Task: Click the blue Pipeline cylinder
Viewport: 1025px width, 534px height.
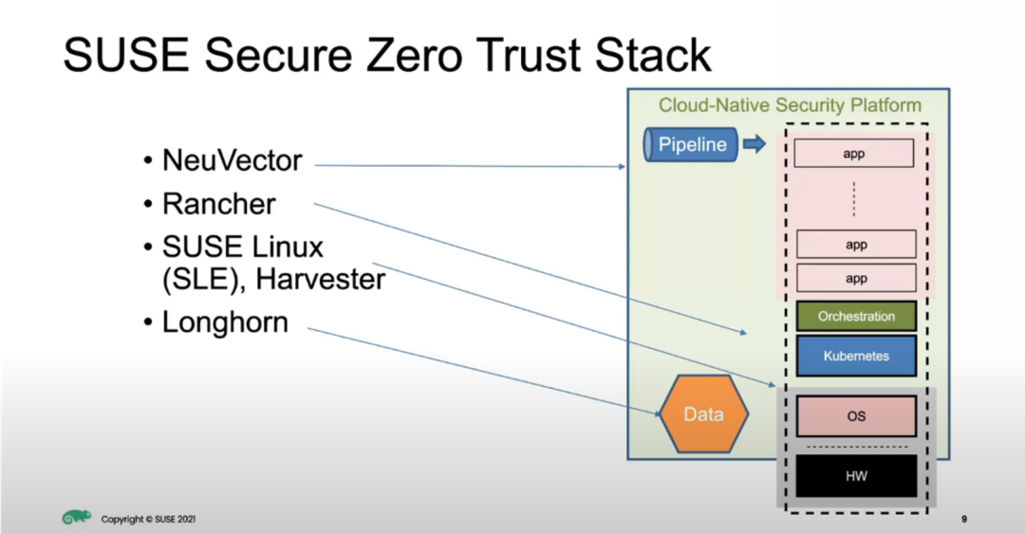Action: coord(691,144)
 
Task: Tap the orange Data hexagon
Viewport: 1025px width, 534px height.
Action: coord(704,414)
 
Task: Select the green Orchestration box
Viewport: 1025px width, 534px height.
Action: coord(856,317)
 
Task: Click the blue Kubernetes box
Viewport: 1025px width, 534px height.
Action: coord(856,357)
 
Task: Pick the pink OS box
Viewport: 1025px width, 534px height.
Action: coord(856,416)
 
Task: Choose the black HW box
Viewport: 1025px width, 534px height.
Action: coord(856,476)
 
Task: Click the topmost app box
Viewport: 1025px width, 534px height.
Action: coord(854,153)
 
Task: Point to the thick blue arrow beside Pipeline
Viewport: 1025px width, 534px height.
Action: coord(755,144)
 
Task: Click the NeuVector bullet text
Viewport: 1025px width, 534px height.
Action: coord(233,160)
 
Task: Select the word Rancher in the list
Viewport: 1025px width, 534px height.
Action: coord(219,204)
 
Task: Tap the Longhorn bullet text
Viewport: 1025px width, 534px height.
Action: coord(225,322)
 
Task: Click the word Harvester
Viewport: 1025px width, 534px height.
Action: coord(321,279)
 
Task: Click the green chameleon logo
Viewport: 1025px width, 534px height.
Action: coord(77,517)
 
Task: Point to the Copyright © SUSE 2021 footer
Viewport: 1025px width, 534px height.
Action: coord(148,519)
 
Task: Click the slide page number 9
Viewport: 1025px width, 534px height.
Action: coord(964,519)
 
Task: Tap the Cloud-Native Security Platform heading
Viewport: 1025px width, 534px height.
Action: coord(790,105)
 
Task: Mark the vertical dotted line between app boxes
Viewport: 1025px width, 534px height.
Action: coord(854,198)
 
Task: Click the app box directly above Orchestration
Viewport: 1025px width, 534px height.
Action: coord(856,279)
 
